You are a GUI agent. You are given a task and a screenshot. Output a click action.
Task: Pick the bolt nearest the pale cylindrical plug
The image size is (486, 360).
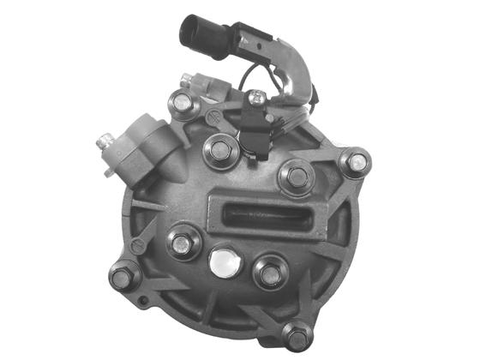tap(182, 104)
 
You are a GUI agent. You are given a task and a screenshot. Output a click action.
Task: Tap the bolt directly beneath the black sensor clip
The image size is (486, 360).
tap(220, 153)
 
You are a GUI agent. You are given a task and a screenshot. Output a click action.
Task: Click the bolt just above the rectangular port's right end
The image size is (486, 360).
tap(296, 177)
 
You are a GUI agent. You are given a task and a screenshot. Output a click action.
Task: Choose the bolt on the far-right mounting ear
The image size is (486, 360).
tap(353, 161)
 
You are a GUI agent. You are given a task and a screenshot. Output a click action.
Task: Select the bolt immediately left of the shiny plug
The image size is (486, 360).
tap(182, 243)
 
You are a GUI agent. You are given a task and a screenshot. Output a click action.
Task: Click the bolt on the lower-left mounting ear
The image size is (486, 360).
tap(123, 276)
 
